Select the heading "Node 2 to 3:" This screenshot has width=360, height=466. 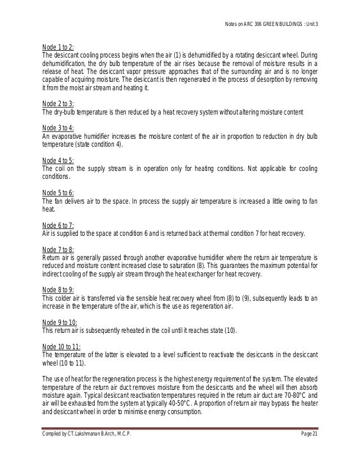[59, 104]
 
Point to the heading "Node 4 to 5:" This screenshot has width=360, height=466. [59, 161]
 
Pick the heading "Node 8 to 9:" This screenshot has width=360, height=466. [59, 289]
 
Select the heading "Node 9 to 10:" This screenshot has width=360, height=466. [60, 322]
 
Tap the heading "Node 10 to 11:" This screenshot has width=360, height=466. [62, 346]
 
